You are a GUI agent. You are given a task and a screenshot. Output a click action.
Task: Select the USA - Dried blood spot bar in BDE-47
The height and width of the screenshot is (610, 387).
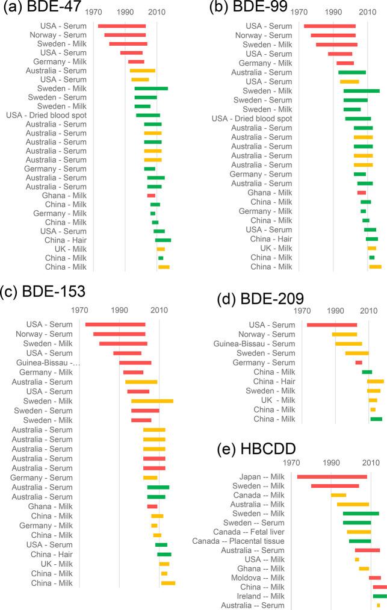[x=148, y=115]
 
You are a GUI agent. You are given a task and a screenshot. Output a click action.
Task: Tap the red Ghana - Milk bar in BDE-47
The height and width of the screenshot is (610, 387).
[x=151, y=196]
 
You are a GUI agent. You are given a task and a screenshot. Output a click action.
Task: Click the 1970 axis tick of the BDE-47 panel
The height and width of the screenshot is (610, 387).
[x=94, y=13]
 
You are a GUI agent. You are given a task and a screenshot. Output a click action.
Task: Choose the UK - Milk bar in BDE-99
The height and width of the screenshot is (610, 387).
[x=372, y=248]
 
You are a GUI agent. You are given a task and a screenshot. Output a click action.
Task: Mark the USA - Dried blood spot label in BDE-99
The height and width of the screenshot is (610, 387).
[x=252, y=119]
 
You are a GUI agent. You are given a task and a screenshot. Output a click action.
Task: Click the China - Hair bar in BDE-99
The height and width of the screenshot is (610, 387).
[x=372, y=239]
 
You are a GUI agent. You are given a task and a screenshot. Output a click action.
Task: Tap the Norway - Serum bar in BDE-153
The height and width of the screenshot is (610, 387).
[x=119, y=334]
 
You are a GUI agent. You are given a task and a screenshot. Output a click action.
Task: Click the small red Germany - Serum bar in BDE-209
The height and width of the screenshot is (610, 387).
[x=359, y=363]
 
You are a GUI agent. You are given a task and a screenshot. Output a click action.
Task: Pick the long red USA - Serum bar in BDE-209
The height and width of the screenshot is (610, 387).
[x=332, y=325]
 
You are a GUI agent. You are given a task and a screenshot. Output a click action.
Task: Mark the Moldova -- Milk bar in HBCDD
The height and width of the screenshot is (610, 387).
[x=375, y=577]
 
